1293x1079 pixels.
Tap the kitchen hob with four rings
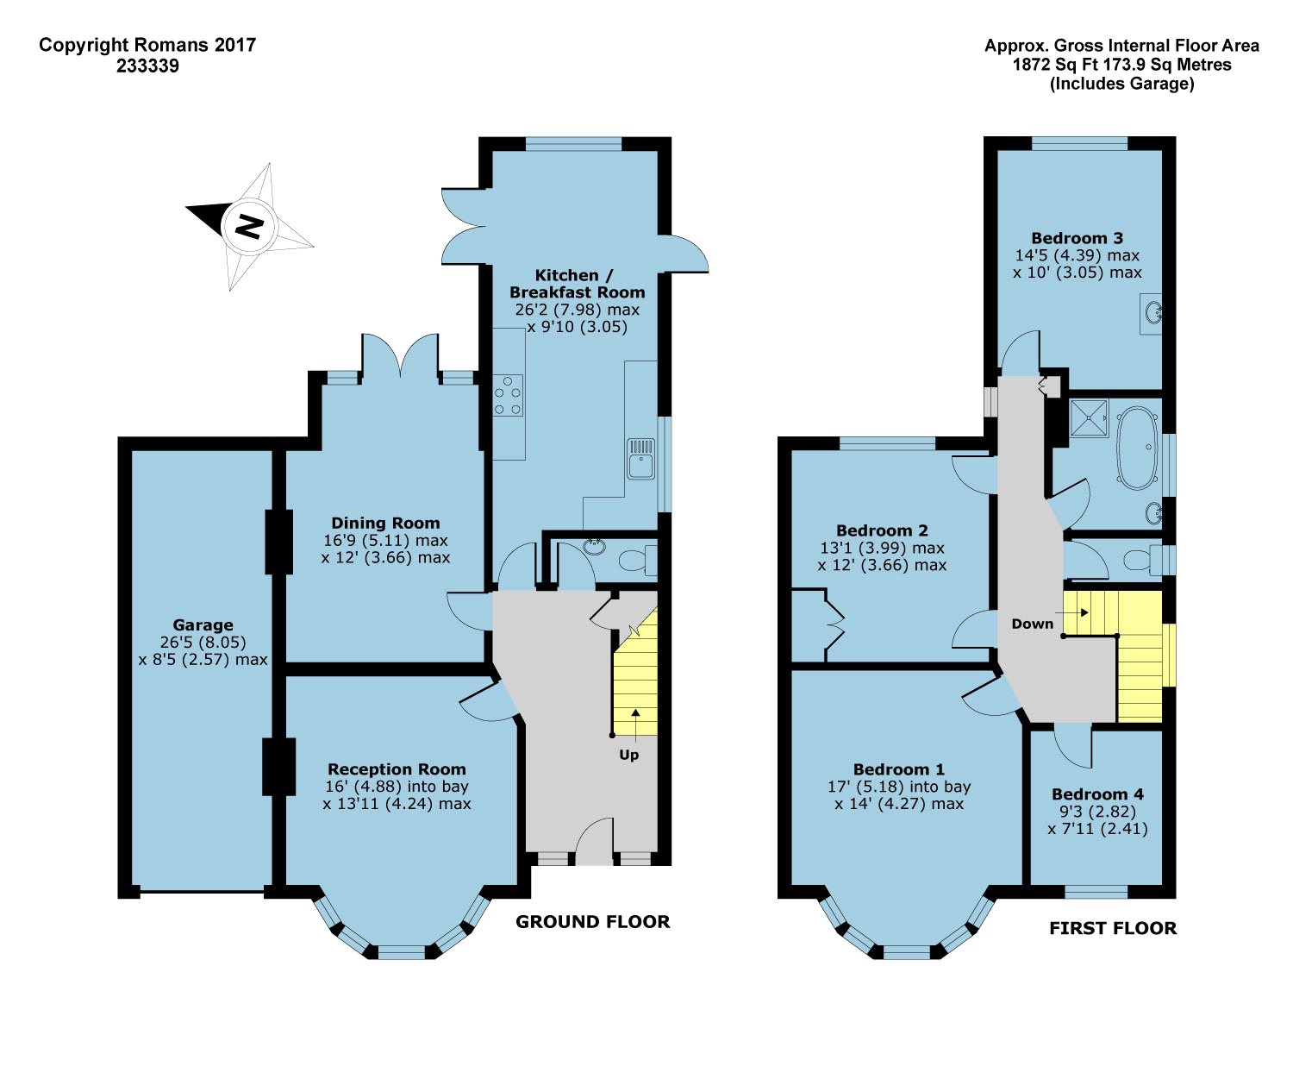pos(508,395)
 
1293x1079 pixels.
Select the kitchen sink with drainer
pos(641,459)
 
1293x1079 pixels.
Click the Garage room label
pos(203,624)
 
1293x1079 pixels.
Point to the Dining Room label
pos(385,523)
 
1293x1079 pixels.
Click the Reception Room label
pos(397,769)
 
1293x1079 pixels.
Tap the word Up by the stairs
pos(629,755)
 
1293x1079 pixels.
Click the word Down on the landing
pos(1033,624)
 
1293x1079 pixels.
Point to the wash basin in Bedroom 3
pos(1151,314)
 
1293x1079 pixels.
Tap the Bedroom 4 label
pos(1097,794)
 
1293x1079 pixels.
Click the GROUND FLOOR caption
pos(593,921)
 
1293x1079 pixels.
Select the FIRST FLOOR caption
pos(1113,928)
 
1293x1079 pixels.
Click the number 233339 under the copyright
pos(147,66)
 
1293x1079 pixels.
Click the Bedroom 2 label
pos(882,530)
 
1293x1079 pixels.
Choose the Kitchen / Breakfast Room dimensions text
pos(577,318)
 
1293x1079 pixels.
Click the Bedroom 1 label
pos(898,769)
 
